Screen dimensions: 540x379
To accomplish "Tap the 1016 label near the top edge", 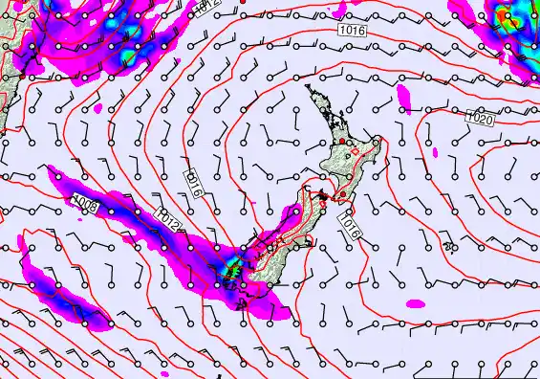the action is (x=351, y=32).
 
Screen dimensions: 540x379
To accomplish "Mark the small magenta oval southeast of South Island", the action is (x=415, y=303).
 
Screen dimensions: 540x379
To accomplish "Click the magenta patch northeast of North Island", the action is (x=402, y=95).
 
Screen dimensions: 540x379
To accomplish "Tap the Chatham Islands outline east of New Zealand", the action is (x=447, y=248).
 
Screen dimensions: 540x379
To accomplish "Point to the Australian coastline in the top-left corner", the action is (x=11, y=57).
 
